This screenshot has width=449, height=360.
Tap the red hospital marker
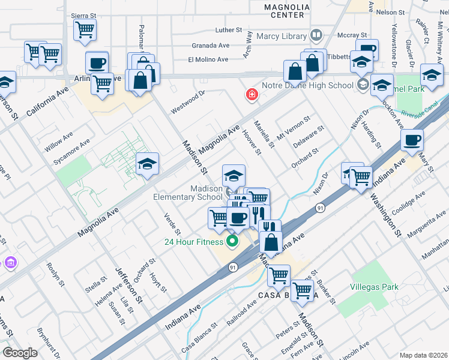point(252,95)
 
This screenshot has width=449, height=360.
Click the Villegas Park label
point(374,287)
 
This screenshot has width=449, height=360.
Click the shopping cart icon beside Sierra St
point(85,29)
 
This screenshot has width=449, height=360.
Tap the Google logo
point(20,353)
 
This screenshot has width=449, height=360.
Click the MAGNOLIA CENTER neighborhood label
point(287,11)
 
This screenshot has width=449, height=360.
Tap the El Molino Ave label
point(208,60)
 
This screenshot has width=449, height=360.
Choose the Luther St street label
point(228,29)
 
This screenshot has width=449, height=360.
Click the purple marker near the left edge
point(10,262)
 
